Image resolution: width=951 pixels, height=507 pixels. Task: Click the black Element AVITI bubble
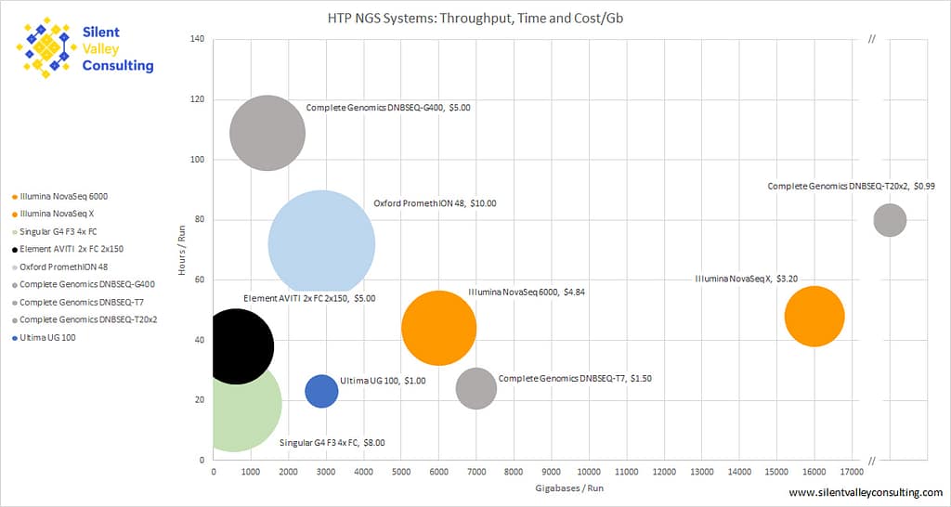[x=236, y=346]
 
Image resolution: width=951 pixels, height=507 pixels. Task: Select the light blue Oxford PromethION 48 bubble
[x=321, y=245]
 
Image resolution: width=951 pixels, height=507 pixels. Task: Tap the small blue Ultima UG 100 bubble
[x=321, y=391]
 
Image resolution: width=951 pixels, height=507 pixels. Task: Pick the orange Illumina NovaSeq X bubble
[x=814, y=317]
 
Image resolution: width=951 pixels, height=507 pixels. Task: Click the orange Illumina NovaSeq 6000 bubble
[x=438, y=328]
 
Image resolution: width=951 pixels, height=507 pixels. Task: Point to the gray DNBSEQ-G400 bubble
[x=267, y=133]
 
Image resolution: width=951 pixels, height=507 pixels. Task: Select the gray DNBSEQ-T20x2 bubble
[x=890, y=220]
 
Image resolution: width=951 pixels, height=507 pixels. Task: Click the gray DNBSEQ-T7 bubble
[x=476, y=388]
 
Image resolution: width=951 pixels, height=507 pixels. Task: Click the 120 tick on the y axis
[x=197, y=99]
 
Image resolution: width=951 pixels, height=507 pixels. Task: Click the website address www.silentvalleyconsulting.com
[x=866, y=492]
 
